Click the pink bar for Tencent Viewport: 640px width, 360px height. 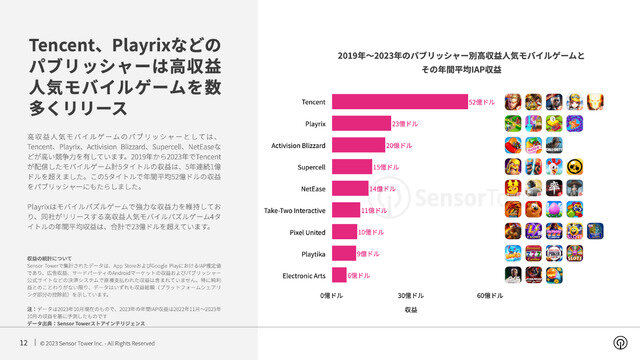399,102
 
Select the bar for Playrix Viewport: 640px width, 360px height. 361,124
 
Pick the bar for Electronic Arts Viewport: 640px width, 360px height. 339,275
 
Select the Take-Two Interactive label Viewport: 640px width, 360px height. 294,210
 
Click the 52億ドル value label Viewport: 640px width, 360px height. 483,102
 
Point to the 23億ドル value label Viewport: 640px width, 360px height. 405,124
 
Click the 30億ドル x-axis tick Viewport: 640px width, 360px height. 411,296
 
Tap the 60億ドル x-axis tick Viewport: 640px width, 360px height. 490,296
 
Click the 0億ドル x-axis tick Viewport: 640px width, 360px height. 332,296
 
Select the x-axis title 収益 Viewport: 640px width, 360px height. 411,311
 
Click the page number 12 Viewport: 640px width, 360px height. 22,342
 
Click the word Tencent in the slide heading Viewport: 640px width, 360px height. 69,47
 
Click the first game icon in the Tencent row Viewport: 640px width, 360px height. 512,102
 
